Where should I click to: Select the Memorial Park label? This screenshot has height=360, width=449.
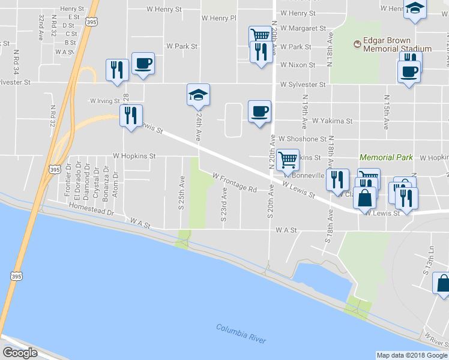(386, 157)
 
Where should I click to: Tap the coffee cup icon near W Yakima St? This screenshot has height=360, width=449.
(259, 112)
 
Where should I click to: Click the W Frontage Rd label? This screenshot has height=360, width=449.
(234, 183)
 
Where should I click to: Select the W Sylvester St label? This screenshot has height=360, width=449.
(302, 85)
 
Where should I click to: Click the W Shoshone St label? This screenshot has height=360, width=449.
(301, 138)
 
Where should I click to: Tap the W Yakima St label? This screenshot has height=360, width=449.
(332, 121)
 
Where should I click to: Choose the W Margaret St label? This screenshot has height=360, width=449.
(303, 28)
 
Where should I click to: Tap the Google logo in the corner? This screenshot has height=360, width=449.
(20, 352)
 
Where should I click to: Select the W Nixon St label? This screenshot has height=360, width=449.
(297, 65)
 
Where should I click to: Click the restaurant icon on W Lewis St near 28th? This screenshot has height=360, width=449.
(131, 114)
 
